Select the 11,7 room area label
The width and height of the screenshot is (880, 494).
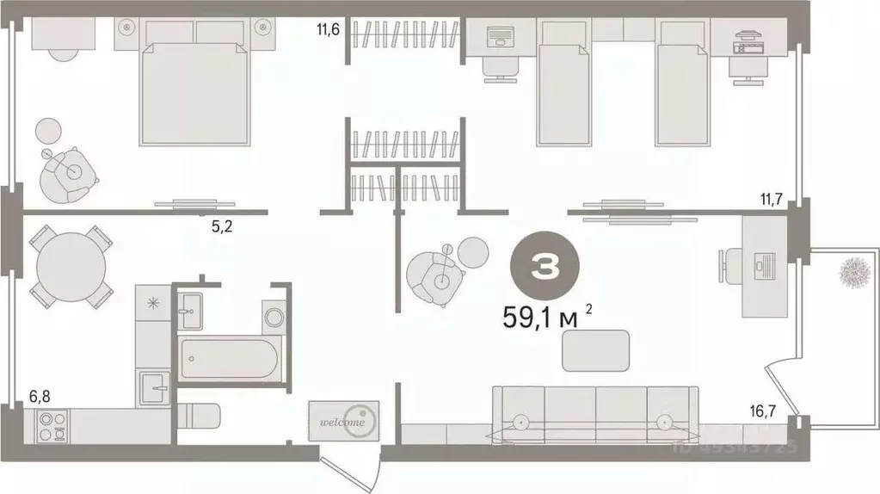pos(770,200)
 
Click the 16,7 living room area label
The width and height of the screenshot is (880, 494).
pos(767,411)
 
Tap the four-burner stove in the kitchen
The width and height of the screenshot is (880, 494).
pos(49,424)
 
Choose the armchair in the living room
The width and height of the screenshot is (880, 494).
pos(438,275)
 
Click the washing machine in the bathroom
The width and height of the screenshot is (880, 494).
pos(274,315)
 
